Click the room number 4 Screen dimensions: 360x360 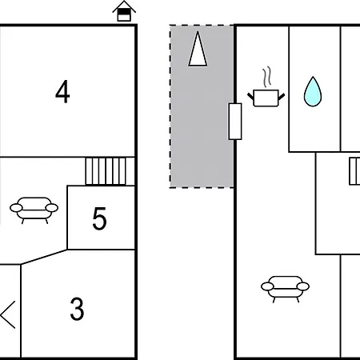coord(62,92)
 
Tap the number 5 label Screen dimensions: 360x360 coord(99,218)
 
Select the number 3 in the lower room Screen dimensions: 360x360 coord(77,309)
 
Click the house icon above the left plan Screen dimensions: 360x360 coord(124,11)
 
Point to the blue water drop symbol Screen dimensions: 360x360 coord(313,91)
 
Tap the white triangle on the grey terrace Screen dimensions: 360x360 coord(198,49)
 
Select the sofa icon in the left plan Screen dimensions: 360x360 coord(34,210)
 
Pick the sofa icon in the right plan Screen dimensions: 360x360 coord(285,289)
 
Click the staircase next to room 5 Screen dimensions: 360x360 coord(106,171)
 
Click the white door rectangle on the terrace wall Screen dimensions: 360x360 coord(235,122)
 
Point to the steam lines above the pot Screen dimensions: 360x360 coord(267,77)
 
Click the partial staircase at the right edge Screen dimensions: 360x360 coord(354,171)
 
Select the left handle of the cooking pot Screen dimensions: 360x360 coord(250,96)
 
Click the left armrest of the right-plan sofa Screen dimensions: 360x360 coord(267,286)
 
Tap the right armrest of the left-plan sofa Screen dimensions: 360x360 coord(52,208)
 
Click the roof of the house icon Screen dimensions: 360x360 coord(124,6)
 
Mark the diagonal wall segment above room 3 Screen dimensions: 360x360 coord(44,257)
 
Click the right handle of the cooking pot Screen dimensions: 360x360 coord(282,96)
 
